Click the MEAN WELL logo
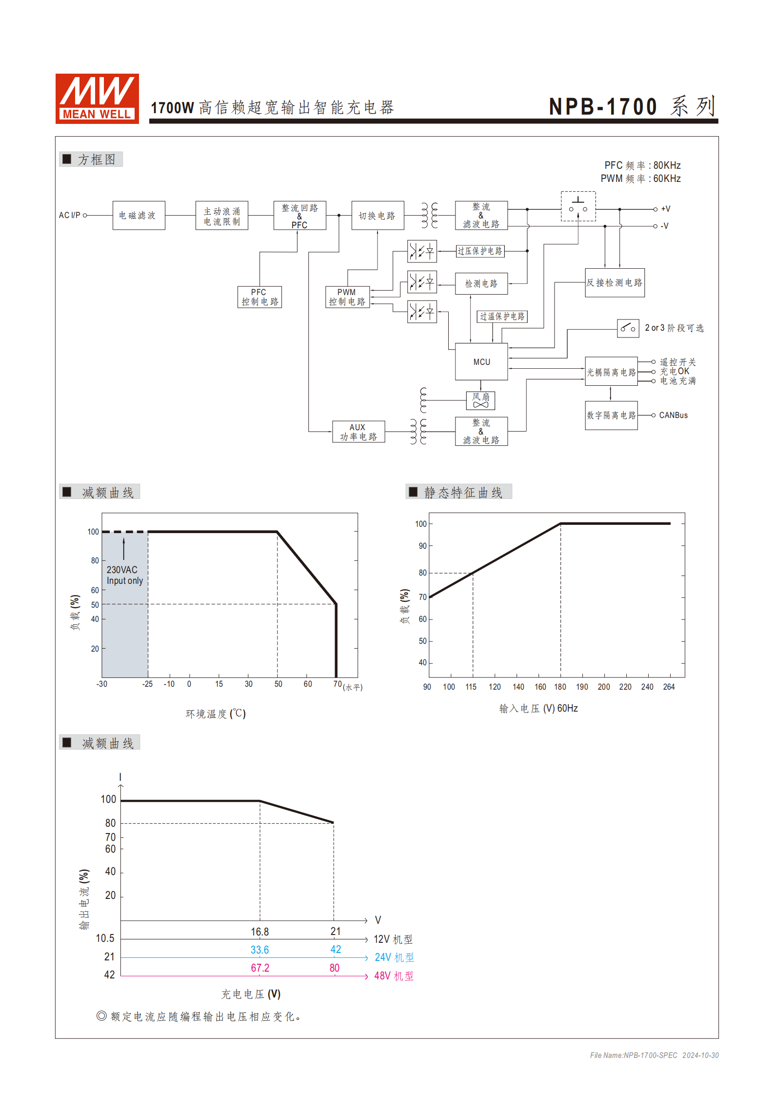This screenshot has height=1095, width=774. (x=97, y=98)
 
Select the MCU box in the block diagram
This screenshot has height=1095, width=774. (x=481, y=361)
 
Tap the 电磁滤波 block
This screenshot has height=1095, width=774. (x=139, y=215)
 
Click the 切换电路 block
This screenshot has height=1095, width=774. (x=377, y=215)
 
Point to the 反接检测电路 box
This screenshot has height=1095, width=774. (x=615, y=282)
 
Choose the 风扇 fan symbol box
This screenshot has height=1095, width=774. (x=480, y=400)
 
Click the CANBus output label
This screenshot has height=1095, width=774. (x=673, y=415)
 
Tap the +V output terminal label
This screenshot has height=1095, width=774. (x=665, y=209)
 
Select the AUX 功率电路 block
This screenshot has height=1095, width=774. (x=358, y=432)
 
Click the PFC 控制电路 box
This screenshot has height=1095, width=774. (x=259, y=297)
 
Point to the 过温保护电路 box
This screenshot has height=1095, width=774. (x=502, y=317)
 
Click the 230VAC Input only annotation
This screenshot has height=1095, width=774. (x=124, y=575)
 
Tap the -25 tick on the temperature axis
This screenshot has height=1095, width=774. (x=147, y=684)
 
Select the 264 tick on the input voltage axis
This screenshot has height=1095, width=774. (x=669, y=687)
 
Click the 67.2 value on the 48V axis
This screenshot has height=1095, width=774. (x=260, y=968)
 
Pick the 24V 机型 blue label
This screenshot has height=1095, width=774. (x=394, y=957)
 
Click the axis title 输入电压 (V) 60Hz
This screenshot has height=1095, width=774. (x=538, y=708)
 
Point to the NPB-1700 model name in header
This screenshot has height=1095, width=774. (x=603, y=107)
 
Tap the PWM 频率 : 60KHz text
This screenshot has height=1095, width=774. (x=640, y=179)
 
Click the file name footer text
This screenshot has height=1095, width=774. (x=654, y=1055)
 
